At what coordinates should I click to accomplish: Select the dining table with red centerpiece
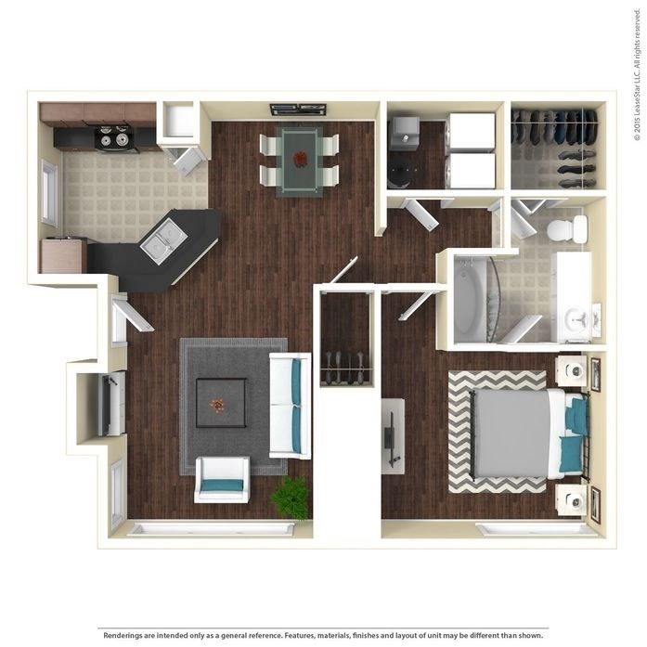point(301,160)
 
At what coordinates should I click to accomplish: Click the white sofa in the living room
point(290,405)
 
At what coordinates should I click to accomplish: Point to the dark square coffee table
point(221,403)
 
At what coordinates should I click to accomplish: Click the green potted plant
point(291,498)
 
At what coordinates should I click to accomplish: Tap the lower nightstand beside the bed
point(571,498)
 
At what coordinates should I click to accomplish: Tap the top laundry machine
point(472,131)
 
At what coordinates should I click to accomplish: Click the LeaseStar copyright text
point(638,84)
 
